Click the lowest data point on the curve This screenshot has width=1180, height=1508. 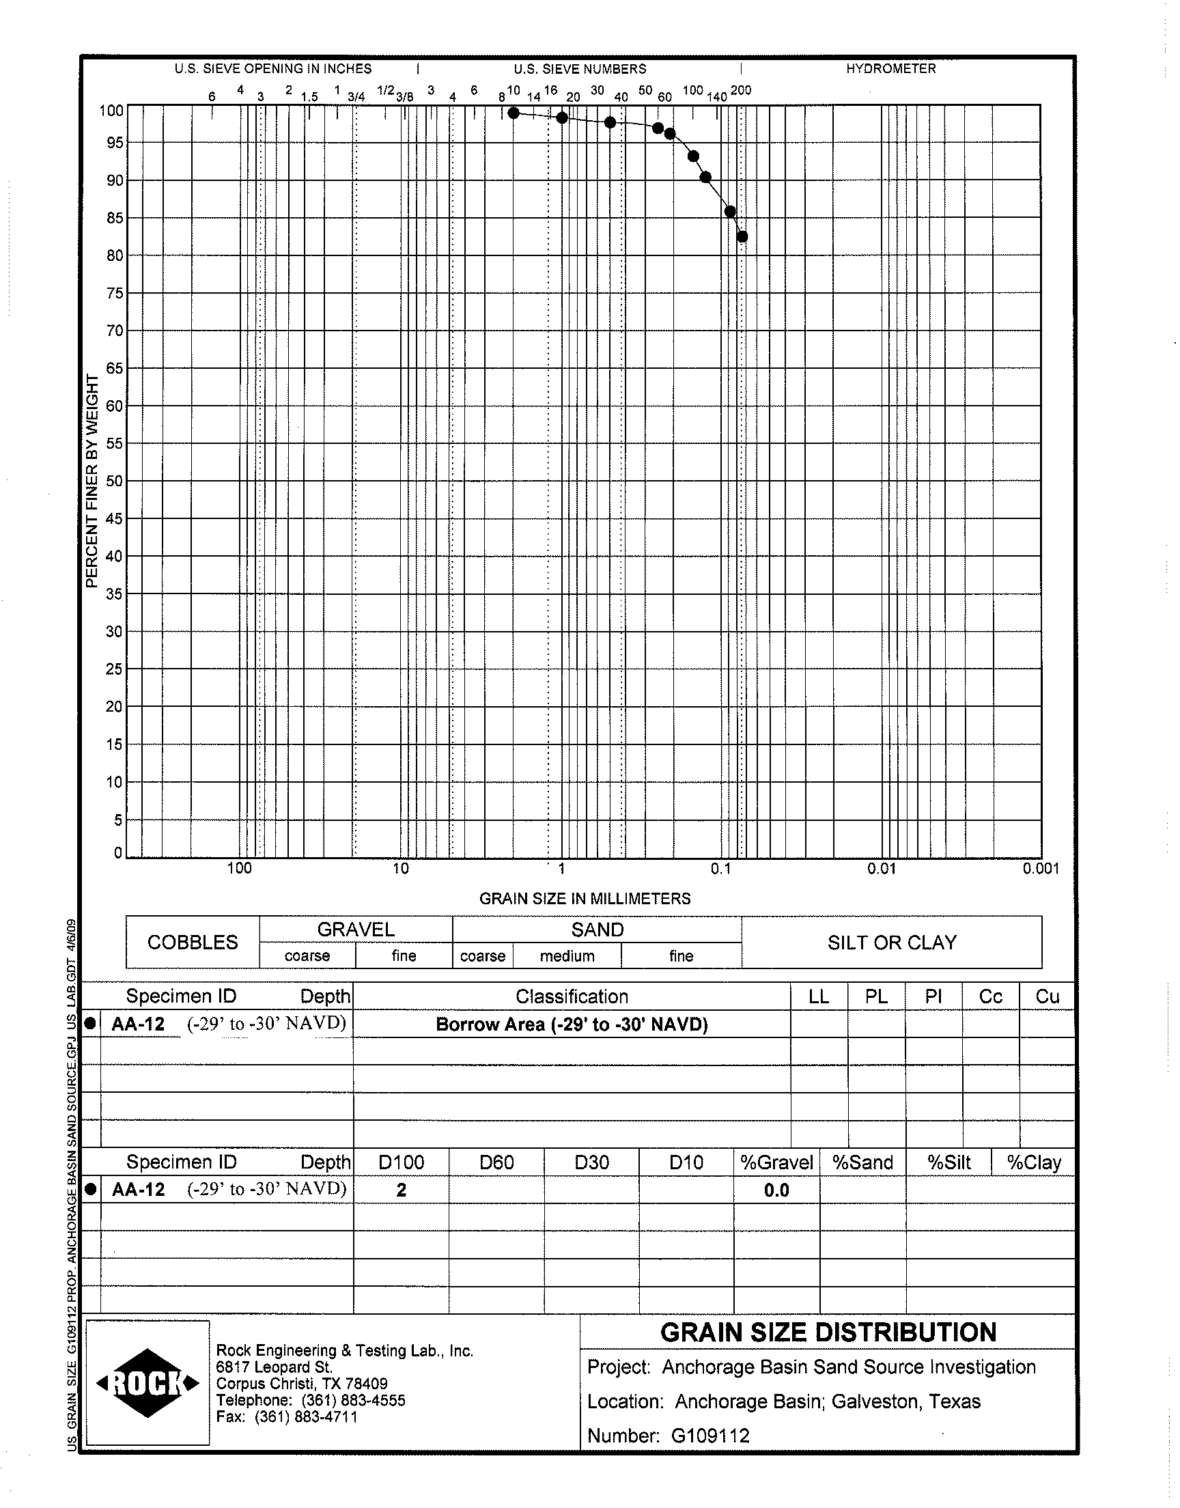click(742, 237)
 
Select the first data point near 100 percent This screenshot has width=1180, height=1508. click(514, 113)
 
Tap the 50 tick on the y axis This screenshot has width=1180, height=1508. click(114, 481)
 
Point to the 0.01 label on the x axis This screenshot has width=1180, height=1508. click(882, 869)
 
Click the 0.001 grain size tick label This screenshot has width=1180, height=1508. click(1041, 869)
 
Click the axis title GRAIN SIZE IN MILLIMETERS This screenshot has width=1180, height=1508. click(585, 899)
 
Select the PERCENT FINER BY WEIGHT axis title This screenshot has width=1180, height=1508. click(92, 481)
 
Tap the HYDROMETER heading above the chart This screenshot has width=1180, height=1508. click(890, 69)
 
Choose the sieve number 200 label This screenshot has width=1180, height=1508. click(741, 91)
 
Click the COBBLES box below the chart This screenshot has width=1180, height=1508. click(193, 942)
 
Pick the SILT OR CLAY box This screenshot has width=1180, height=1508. click(892, 942)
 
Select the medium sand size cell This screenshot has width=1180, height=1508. click(567, 956)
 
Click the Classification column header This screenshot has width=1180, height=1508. click(572, 996)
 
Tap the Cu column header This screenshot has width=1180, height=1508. click(1048, 996)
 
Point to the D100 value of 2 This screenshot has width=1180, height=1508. click(402, 1190)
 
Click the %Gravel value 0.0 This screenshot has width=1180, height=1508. click(776, 1190)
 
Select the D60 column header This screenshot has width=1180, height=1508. click(496, 1162)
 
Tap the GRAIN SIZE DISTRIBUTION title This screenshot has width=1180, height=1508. click(828, 1332)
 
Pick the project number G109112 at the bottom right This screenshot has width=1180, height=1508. click(710, 1436)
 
